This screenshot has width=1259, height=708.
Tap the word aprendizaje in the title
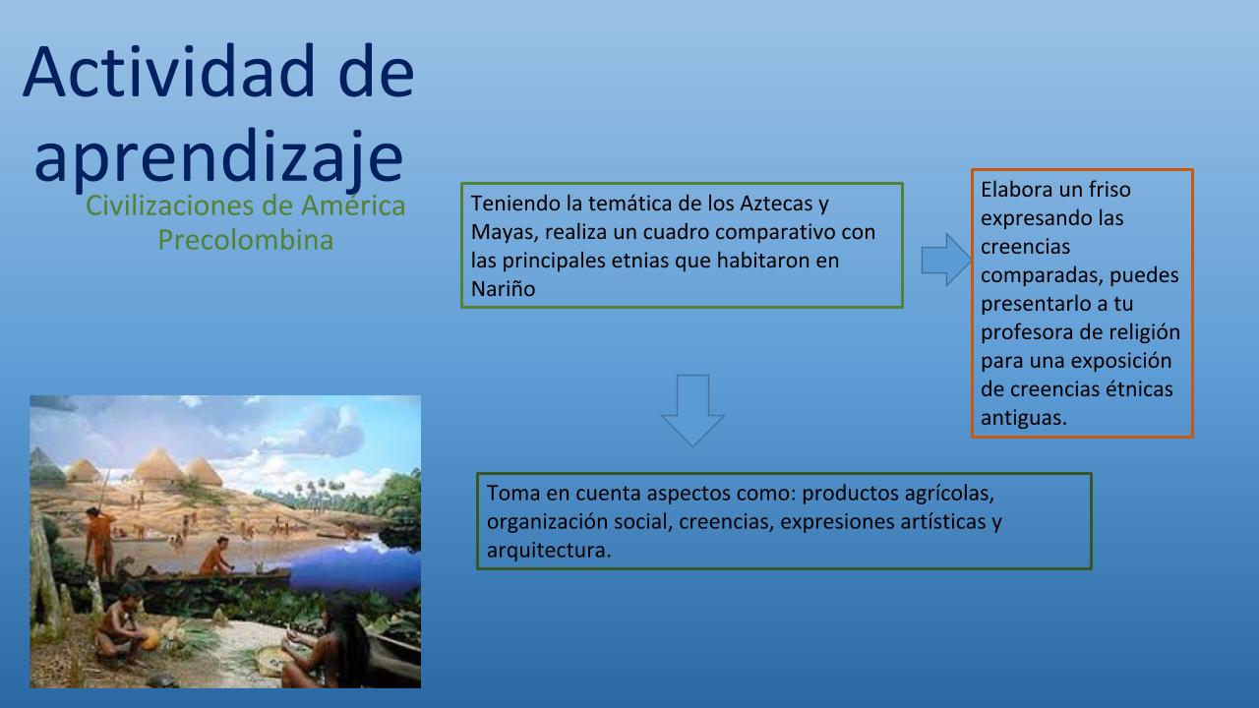click(x=218, y=158)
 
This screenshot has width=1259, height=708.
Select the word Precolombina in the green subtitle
click(x=246, y=241)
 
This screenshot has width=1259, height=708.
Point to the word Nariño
click(x=503, y=289)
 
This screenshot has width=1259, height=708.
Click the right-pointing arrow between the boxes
click(x=946, y=260)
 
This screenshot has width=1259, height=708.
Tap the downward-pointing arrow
click(x=692, y=410)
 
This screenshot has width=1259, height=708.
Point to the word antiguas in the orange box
click(x=1024, y=418)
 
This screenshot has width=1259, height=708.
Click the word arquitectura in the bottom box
click(x=548, y=550)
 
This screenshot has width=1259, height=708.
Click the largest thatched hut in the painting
click(x=158, y=466)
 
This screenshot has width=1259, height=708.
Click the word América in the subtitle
click(x=353, y=206)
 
